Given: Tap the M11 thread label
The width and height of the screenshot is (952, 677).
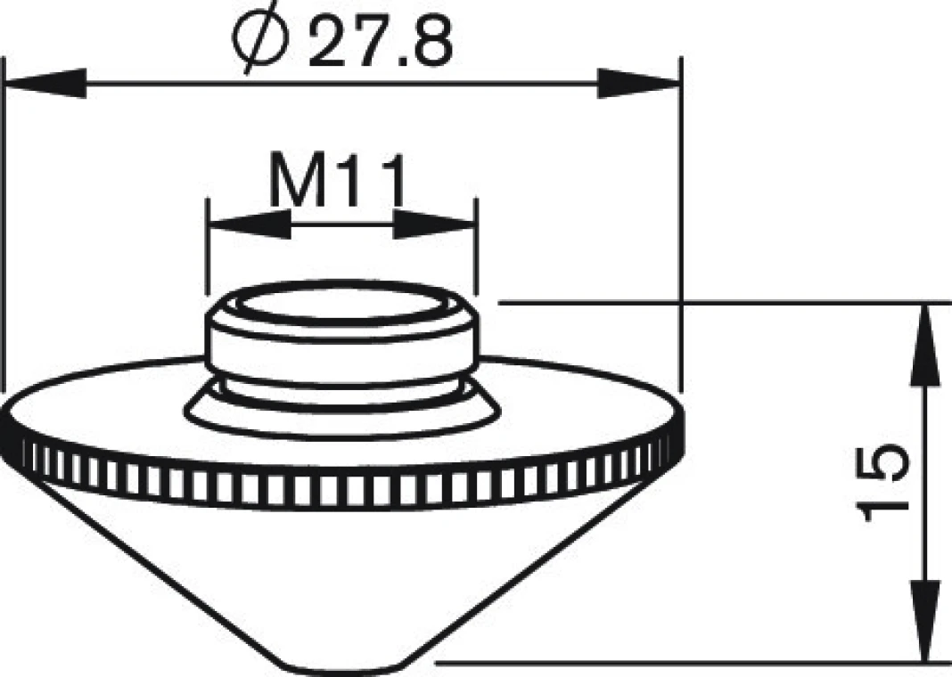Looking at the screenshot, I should (x=338, y=183).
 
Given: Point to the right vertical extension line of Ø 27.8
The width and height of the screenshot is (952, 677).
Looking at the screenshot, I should (x=680, y=223).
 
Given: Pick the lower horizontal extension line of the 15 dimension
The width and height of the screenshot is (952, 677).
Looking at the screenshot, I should (x=695, y=663).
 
